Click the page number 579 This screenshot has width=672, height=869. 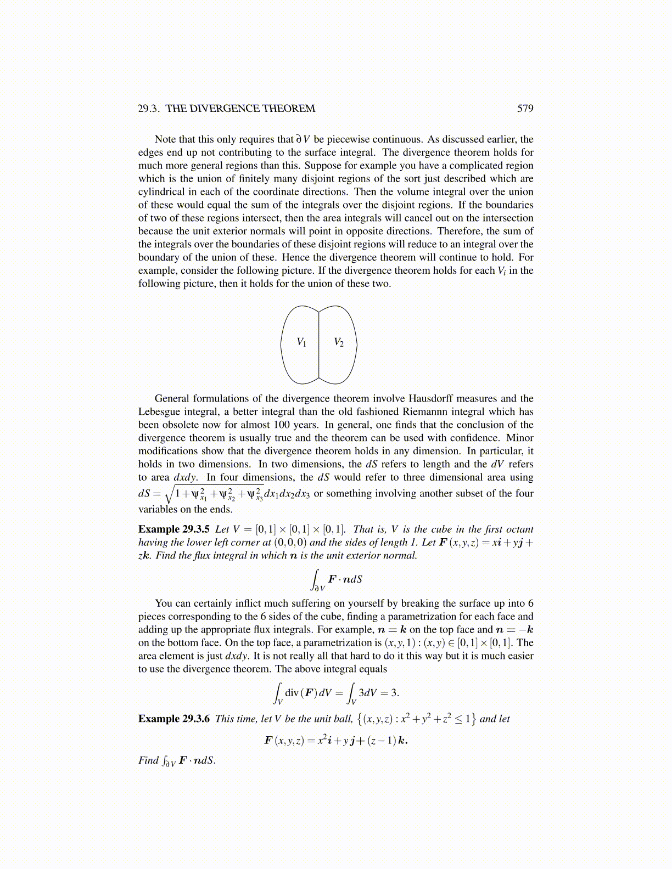click(x=525, y=109)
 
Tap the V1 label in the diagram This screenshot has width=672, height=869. click(x=301, y=342)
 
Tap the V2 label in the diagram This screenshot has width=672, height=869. click(x=339, y=342)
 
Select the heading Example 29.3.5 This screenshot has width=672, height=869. click(x=174, y=529)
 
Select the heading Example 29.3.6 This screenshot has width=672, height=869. click(x=174, y=719)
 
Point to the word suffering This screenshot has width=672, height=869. click(x=316, y=603)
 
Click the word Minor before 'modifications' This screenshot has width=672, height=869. click(x=519, y=438)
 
